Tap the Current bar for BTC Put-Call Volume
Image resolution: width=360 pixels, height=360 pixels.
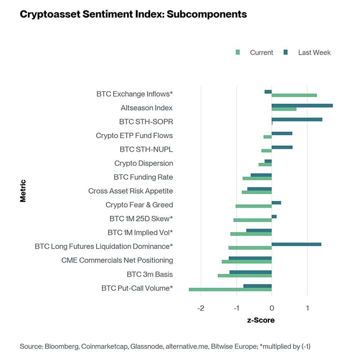(230, 290)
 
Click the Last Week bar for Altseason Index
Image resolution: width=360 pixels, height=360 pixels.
(302, 105)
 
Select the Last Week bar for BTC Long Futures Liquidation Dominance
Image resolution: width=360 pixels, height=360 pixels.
(296, 244)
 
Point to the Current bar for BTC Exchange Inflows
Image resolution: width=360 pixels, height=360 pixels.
(294, 95)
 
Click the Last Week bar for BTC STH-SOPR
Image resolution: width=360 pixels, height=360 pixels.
(297, 119)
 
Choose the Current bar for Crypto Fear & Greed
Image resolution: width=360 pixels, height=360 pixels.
(253, 206)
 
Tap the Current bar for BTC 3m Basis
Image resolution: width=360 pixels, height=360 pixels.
(245, 276)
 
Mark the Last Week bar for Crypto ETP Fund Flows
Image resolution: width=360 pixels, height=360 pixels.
(282, 133)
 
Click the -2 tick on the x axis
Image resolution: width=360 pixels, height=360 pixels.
(201, 308)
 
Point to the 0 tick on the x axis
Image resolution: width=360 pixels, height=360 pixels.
(271, 308)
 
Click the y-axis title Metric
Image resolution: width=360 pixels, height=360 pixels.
(23, 190)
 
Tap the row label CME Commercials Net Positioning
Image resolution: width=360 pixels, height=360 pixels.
(117, 260)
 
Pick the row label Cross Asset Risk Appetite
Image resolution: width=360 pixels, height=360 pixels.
(130, 191)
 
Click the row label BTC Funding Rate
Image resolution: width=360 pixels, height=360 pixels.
(143, 177)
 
